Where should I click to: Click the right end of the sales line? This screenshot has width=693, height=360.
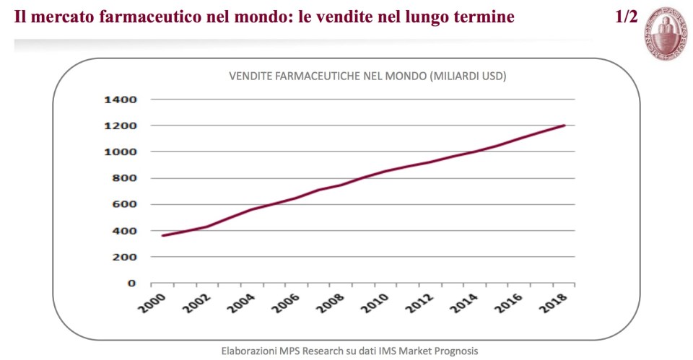click(x=564, y=126)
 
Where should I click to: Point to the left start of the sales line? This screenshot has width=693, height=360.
click(x=162, y=236)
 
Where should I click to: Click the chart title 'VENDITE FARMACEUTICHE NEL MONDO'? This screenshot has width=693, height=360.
click(x=327, y=76)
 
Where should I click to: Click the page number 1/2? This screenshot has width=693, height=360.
click(x=626, y=17)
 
